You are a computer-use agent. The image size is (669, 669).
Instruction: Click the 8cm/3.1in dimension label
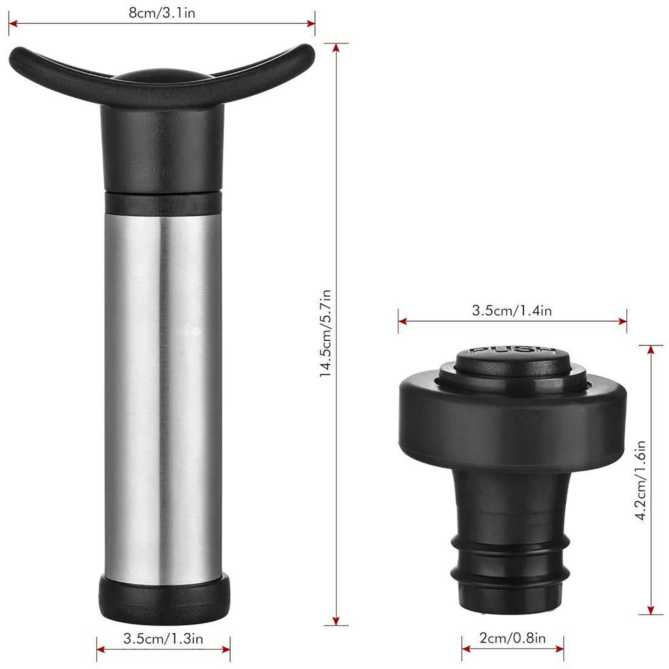[x=162, y=13]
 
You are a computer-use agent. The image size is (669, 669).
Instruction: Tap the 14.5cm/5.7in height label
[x=325, y=333]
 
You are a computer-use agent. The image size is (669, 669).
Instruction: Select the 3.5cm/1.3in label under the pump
[x=163, y=638]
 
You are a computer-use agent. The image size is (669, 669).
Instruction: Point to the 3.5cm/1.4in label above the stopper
[x=512, y=311]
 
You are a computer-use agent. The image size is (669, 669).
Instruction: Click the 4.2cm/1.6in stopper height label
[x=641, y=480]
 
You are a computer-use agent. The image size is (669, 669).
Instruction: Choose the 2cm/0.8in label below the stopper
[x=513, y=638]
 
